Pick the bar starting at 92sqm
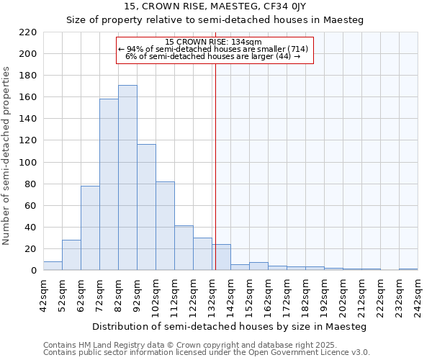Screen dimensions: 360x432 146,207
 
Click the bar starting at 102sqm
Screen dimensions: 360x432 165,226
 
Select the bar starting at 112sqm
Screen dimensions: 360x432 184,248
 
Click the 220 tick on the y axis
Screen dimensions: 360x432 29,32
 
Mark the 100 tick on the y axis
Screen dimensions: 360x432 29,162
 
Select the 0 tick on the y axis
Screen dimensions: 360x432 33,271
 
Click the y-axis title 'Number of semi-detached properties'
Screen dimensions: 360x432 7,156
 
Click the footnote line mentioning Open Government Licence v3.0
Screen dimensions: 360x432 207,353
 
